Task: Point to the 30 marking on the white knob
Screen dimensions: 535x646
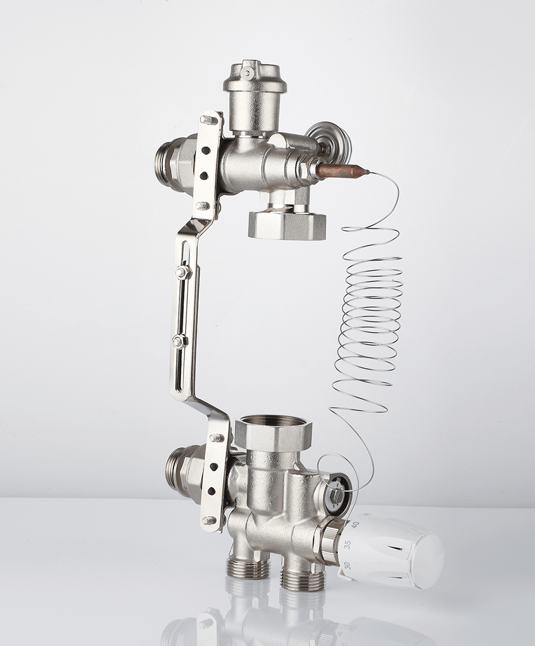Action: click(x=347, y=566)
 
